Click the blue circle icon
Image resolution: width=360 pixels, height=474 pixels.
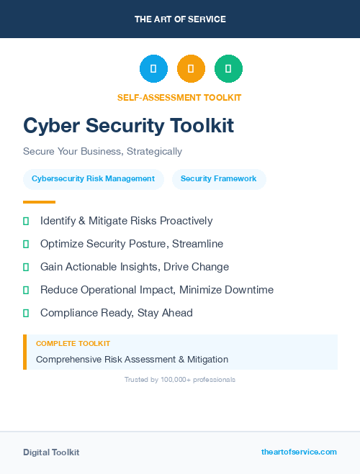click(153, 69)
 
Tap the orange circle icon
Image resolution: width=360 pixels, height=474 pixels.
click(191, 69)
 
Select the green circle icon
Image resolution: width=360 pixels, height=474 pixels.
click(228, 69)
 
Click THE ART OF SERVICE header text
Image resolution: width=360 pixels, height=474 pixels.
click(179, 19)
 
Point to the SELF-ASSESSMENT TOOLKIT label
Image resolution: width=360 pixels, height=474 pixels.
click(179, 97)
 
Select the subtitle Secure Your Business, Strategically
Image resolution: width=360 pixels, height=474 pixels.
click(102, 152)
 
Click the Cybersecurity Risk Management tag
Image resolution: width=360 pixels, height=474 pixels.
click(94, 179)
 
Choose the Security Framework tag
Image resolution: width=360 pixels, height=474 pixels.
click(219, 179)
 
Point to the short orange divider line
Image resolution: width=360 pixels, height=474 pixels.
click(39, 202)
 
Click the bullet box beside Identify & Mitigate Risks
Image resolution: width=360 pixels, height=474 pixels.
click(26, 221)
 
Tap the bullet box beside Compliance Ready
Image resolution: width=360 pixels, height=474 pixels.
click(26, 313)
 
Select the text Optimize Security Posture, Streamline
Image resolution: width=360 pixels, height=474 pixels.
click(132, 244)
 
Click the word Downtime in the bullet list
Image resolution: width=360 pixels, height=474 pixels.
click(249, 290)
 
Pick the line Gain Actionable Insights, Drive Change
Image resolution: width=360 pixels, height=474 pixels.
click(135, 267)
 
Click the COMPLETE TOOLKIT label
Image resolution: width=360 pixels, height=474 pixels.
click(73, 344)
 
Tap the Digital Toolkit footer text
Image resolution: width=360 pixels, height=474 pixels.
click(51, 452)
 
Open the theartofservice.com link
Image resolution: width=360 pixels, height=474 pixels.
click(299, 452)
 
